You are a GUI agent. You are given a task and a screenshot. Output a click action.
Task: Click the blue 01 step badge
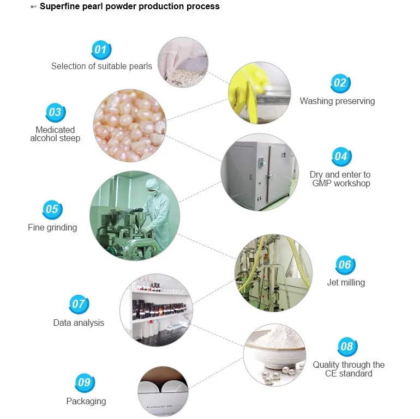coord(101,50)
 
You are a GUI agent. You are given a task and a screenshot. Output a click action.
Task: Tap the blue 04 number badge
coord(341,156)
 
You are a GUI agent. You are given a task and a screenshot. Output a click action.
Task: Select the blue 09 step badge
coord(85,382)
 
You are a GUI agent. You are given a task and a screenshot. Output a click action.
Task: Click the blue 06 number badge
coord(345,265)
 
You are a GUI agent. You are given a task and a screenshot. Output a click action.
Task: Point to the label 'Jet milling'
coord(346,283)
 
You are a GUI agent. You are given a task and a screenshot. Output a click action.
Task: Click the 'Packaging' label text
coord(86,402)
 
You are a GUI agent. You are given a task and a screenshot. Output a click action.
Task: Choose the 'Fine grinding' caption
coord(52,227)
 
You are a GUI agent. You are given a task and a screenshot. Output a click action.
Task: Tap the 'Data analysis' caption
coord(79,323)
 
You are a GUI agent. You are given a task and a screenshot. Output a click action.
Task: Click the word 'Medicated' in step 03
coord(55,130)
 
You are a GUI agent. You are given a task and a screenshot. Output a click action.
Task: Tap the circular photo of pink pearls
coord(130,125)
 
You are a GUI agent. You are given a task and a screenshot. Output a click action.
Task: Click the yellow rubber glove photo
coord(260,93)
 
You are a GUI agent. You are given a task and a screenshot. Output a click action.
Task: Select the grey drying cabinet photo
coord(260,172)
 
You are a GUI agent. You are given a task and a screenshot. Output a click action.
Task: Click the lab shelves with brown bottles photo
coord(157,310)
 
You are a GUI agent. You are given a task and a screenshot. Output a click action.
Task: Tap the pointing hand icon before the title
coord(33,7)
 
